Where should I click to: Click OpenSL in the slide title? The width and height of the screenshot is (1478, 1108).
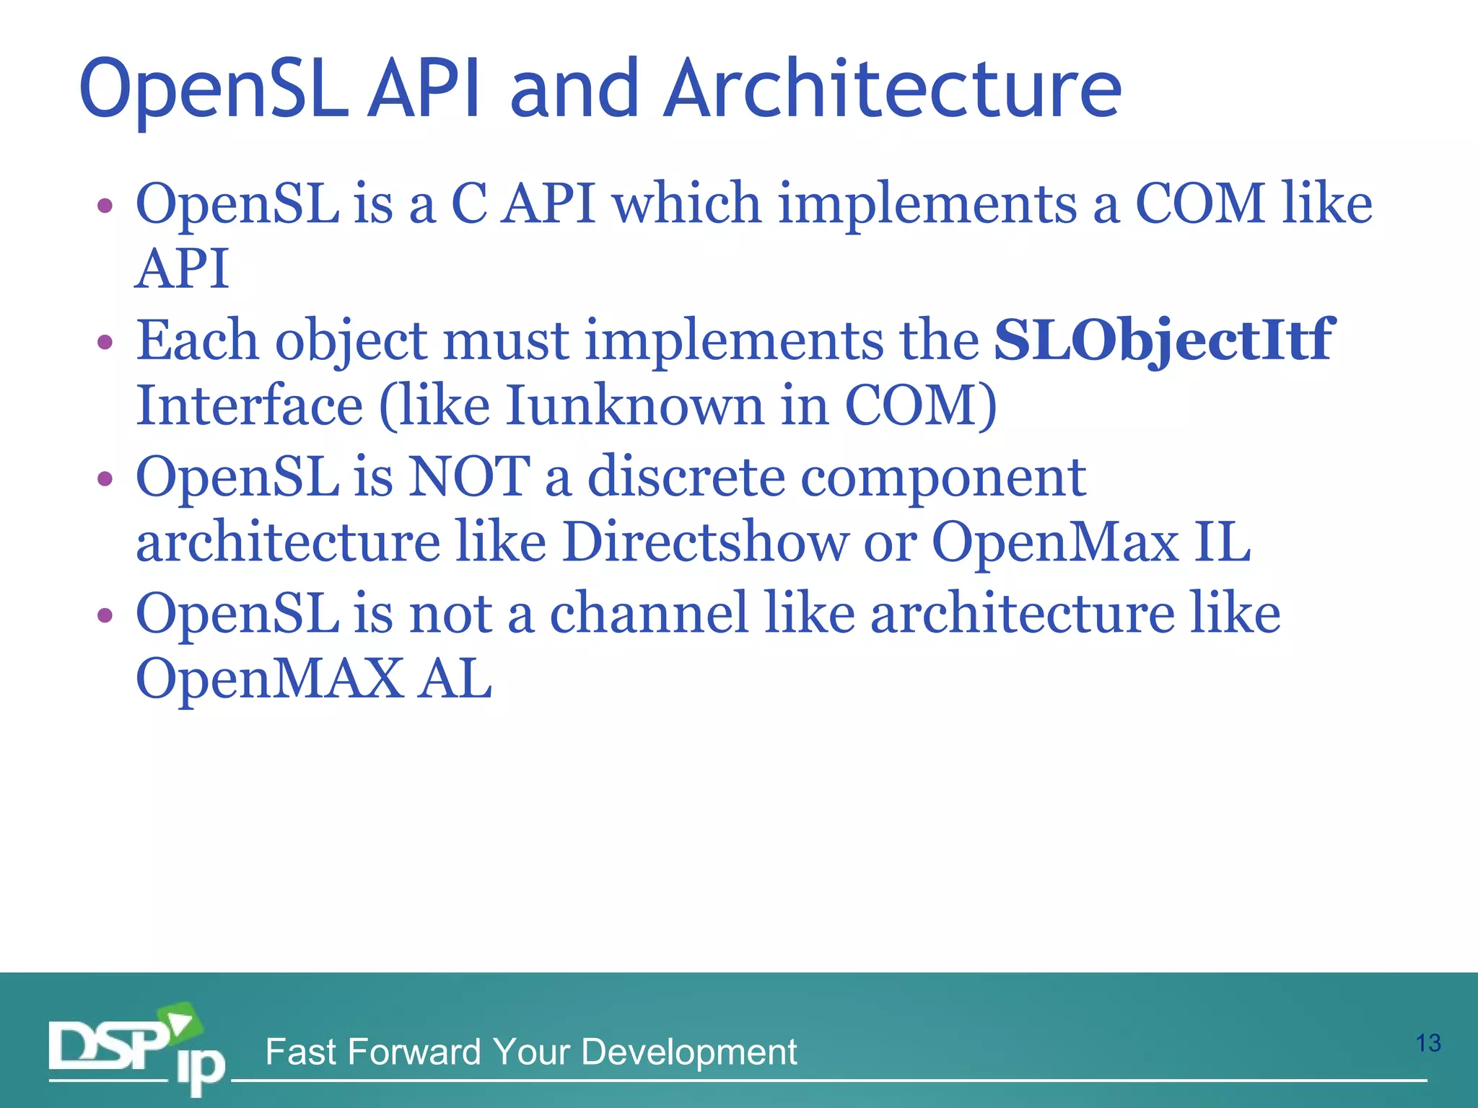pos(214,91)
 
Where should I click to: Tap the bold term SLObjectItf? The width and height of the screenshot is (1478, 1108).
pos(1163,340)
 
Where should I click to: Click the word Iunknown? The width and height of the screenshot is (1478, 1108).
pos(634,405)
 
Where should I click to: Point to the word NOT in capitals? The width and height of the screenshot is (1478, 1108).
pos(469,477)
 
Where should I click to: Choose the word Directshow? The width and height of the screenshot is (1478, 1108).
pos(705,542)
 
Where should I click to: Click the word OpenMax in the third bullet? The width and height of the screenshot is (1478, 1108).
pos(1054,542)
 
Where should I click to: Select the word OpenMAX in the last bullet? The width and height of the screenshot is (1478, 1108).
pos(269,679)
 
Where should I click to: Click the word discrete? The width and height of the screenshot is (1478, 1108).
pos(686,477)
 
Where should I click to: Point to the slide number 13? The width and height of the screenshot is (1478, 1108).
pos(1427,1043)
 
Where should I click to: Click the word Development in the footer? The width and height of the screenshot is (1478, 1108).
pos(688,1052)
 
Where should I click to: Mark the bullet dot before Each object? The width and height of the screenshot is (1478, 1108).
pos(105,341)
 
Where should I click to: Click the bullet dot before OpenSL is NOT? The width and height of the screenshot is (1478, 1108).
pos(105,478)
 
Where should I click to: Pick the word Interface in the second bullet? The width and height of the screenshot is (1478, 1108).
pos(249,405)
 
